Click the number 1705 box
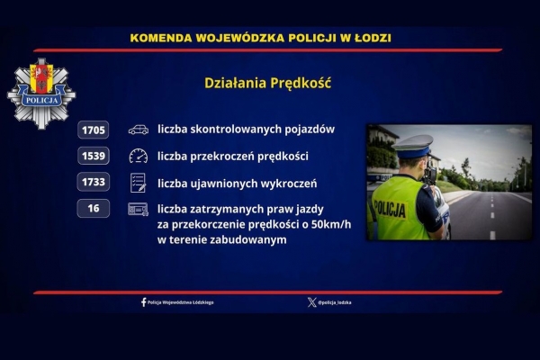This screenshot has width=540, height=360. tap(94, 130)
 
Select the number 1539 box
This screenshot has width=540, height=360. tap(94, 156)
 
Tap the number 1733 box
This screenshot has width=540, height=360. tap(94, 182)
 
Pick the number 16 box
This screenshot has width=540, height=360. tap(94, 208)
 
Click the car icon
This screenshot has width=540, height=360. tap(139, 130)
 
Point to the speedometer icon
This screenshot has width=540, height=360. tap(139, 156)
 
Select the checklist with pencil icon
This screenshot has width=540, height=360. tap(138, 183)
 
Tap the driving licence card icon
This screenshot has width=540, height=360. tap(138, 209)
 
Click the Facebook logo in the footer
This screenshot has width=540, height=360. tap(144, 302)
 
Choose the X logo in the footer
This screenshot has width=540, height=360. tap(311, 302)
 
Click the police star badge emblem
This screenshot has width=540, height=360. tap(41, 94)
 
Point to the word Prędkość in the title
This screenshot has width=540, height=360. tap(301, 83)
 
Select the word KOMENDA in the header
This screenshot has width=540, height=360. tap(161, 38)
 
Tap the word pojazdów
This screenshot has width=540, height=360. tap(310, 130)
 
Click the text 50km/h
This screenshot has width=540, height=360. tap(331, 224)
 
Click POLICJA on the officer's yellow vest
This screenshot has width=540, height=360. tap(390, 209)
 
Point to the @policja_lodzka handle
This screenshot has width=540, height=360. tap(335, 302)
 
